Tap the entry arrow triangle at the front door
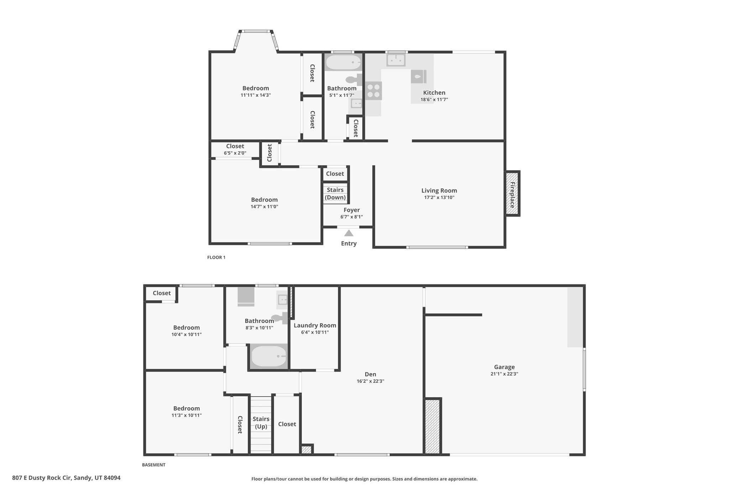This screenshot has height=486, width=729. coord(349,233)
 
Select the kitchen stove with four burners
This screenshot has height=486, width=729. coord(373,90)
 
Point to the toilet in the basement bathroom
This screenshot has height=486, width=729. coord(279,318)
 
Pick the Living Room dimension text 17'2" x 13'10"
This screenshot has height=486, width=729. coord(439,198)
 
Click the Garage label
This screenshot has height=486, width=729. coord(504,367)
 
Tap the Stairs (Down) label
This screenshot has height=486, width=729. coord(335,193)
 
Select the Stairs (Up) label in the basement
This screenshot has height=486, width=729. coord(261,423)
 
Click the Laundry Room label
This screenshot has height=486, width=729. coord(315,325)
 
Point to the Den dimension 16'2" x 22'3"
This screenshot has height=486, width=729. coord(370,381)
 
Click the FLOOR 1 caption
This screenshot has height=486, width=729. coord(216,257)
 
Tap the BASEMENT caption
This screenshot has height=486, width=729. coord(154,465)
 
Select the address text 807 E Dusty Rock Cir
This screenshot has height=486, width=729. coord(66,478)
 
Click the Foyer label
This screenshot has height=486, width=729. coord(351,210)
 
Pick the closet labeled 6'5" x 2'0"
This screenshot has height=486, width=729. coord(235,149)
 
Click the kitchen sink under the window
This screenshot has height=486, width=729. coord(396,60)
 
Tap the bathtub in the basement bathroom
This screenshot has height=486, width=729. coord(269,356)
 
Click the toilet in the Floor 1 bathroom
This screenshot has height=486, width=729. coord(353,80)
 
